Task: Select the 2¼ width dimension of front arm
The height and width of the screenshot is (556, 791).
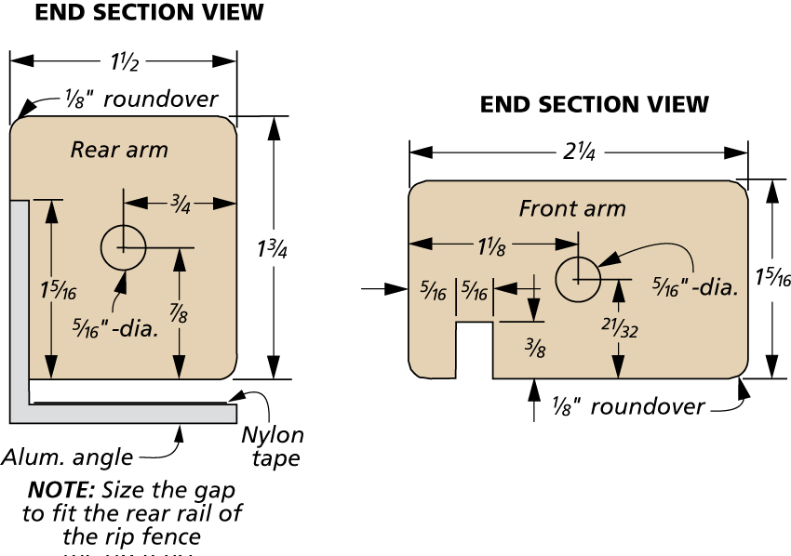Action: click(x=578, y=152)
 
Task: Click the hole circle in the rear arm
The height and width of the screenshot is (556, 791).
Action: click(x=124, y=247)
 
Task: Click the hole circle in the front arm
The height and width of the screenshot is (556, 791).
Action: click(x=578, y=278)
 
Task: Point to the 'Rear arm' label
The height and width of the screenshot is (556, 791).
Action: click(x=120, y=149)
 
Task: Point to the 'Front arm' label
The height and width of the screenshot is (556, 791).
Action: click(x=572, y=208)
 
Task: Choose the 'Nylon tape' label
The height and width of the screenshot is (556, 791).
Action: click(x=273, y=446)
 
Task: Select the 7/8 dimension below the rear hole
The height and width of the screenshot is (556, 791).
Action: click(x=178, y=315)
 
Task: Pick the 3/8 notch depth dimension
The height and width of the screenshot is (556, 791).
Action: click(x=533, y=346)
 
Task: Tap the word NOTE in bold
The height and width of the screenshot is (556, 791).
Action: click(x=61, y=489)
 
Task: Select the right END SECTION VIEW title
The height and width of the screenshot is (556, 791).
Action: click(x=595, y=105)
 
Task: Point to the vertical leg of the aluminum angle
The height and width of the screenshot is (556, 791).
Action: click(x=20, y=307)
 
